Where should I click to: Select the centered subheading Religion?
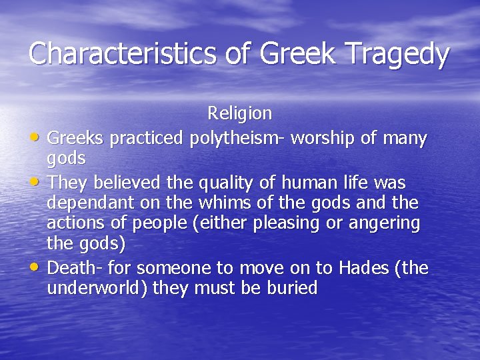pos(239,113)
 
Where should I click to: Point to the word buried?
pos(291,289)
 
